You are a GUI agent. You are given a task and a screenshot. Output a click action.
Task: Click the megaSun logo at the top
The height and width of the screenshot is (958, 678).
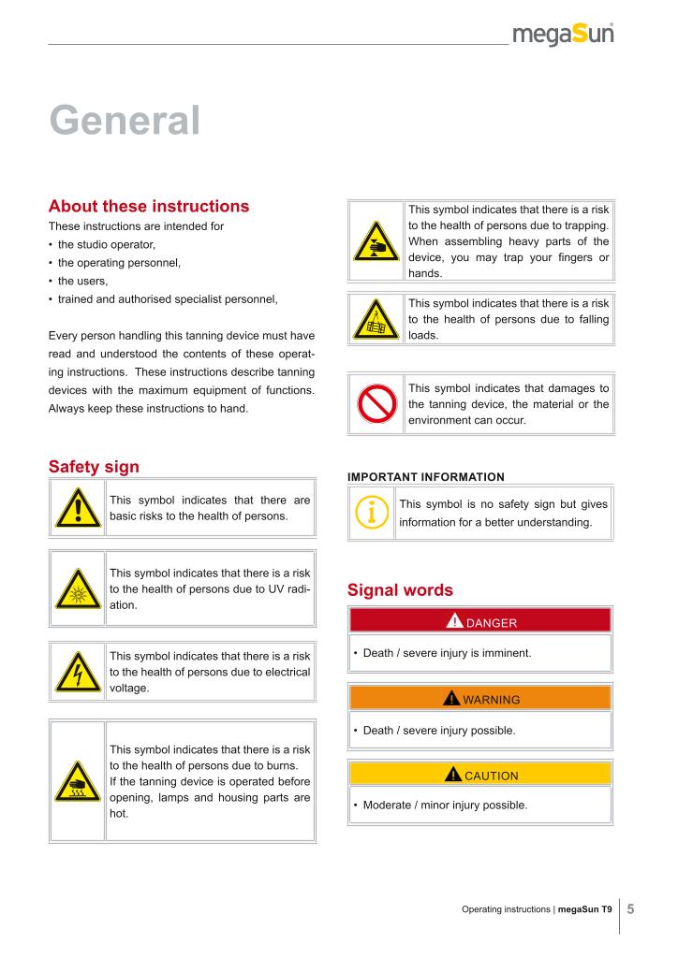tap(564, 36)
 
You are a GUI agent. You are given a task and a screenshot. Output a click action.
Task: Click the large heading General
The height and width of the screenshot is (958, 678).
tap(125, 121)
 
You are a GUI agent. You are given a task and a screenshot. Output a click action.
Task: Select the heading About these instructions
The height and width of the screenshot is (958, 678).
tap(149, 206)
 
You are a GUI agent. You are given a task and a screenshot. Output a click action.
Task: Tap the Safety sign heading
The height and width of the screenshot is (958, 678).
tap(94, 466)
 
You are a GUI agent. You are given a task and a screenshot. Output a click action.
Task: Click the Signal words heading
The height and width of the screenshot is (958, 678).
tap(400, 590)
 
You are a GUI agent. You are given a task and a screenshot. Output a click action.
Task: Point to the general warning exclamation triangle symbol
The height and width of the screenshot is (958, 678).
tap(78, 509)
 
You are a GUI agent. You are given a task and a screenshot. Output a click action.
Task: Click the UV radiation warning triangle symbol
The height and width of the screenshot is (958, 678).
tap(78, 589)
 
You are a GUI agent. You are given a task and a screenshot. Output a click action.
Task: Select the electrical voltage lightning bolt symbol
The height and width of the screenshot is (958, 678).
tap(78, 672)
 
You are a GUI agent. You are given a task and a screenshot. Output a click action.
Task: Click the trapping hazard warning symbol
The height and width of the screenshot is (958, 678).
tap(375, 242)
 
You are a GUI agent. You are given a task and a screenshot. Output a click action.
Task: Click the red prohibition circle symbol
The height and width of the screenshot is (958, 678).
tap(376, 404)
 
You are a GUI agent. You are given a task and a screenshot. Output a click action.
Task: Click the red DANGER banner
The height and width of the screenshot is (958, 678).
tap(479, 621)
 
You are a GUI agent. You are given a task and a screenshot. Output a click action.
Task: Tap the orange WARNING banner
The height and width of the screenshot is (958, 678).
tap(479, 698)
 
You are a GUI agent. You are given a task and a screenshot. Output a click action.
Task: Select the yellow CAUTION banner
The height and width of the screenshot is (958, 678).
tap(479, 775)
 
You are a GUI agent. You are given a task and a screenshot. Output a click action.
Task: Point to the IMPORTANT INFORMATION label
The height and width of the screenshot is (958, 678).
tap(425, 477)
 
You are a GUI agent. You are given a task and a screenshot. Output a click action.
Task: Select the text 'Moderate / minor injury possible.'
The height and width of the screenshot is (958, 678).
tap(445, 805)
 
